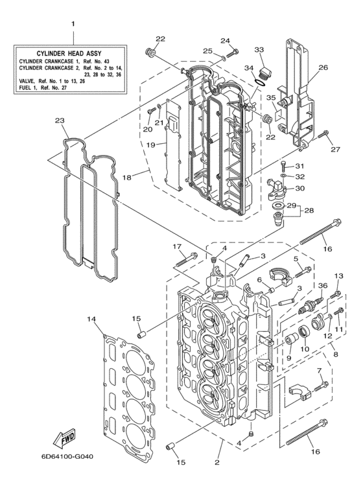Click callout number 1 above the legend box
[x=73, y=24]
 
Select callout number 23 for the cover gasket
[x=60, y=121]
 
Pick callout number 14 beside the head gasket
[x=91, y=319]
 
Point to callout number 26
[x=322, y=67]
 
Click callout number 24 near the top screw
[x=225, y=40]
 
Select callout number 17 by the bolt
[x=176, y=246]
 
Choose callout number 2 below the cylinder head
[x=217, y=462]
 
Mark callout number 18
[x=127, y=177]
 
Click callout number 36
[x=322, y=286]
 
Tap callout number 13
[x=337, y=276]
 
